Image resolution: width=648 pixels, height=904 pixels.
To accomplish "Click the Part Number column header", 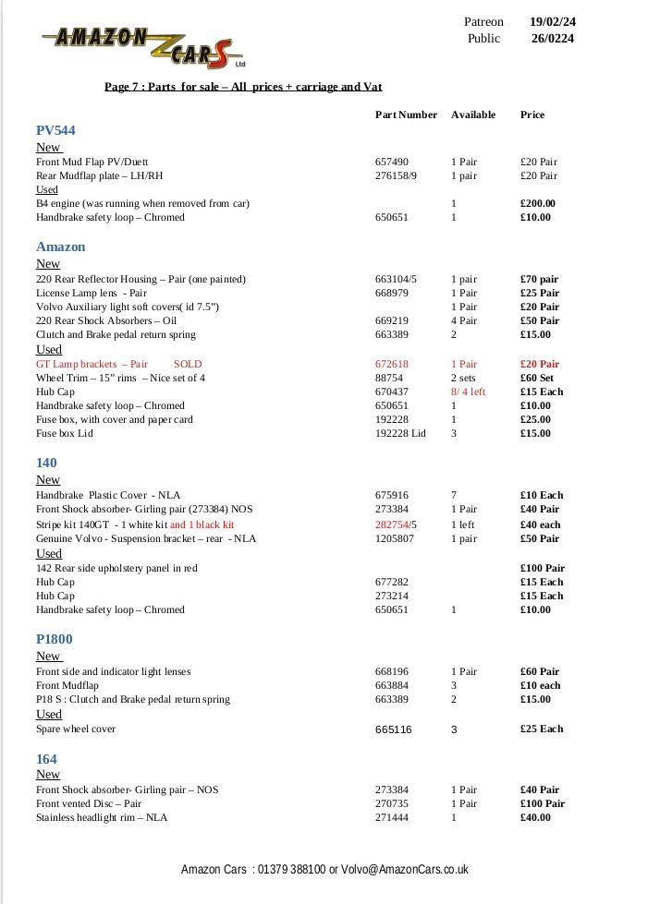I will tap(406, 115).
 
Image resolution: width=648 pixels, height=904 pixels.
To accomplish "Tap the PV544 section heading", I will tap(55, 131).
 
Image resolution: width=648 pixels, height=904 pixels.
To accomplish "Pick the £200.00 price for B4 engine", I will tap(537, 203).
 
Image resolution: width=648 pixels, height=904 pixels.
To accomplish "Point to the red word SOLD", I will tap(188, 364).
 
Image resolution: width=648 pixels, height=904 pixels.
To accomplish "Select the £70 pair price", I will tap(539, 279).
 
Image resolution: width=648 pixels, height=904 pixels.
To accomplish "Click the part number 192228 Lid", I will tap(400, 433).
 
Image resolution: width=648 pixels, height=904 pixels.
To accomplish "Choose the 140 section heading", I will tap(46, 463).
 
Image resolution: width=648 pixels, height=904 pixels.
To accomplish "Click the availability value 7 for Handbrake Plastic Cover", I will tap(454, 495).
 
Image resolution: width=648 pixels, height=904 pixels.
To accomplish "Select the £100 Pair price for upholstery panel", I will tap(543, 568).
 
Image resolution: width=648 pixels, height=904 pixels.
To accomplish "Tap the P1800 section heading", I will tap(54, 639).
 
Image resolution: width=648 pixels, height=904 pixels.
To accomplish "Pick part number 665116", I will tap(393, 729).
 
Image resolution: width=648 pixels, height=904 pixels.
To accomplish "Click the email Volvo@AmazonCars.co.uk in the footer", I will tap(405, 870).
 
